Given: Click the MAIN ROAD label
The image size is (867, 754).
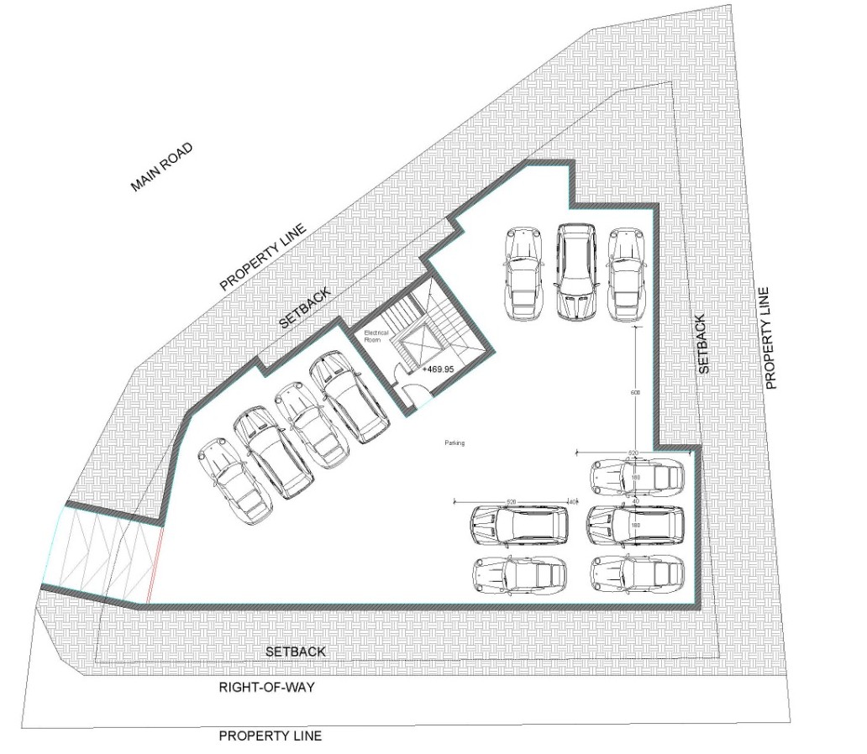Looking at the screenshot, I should pos(162,167).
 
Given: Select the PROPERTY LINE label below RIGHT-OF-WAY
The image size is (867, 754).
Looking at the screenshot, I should pos(270,736).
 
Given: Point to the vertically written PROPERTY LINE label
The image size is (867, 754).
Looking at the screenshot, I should pos(767,338).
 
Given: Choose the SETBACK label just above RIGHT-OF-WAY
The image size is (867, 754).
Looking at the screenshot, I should pos(295,652).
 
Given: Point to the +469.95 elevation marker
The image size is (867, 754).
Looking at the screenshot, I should pos(438,369).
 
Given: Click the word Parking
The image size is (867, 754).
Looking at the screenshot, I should pos(455,442).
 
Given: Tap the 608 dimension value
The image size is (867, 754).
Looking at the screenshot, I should pos(635,392).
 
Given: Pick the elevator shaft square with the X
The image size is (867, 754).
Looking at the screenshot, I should pos(418,346).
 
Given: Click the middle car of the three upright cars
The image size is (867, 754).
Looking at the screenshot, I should pos(576,271).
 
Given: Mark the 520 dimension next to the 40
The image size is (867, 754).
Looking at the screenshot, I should pos(510,501).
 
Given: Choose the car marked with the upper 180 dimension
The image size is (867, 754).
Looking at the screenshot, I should pos(636,478).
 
